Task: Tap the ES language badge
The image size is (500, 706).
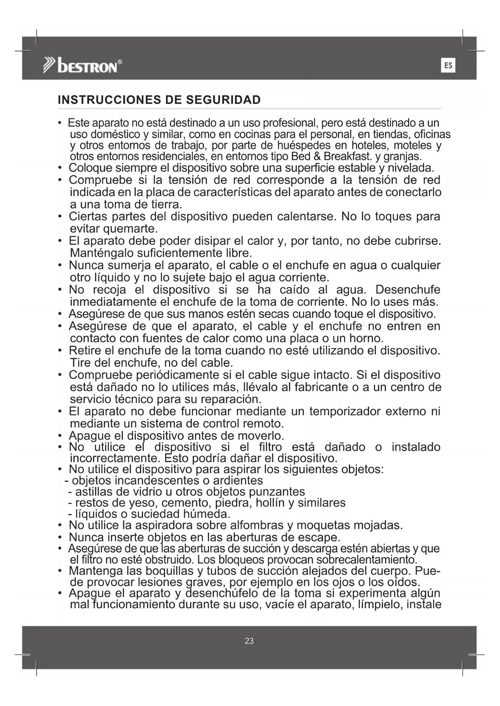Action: pyautogui.click(x=448, y=65)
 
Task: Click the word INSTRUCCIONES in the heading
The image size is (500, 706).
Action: pyautogui.click(x=106, y=100)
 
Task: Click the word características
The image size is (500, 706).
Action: pyautogui.click(x=234, y=192)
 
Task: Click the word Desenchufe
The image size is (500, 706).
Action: pyautogui.click(x=408, y=290)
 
